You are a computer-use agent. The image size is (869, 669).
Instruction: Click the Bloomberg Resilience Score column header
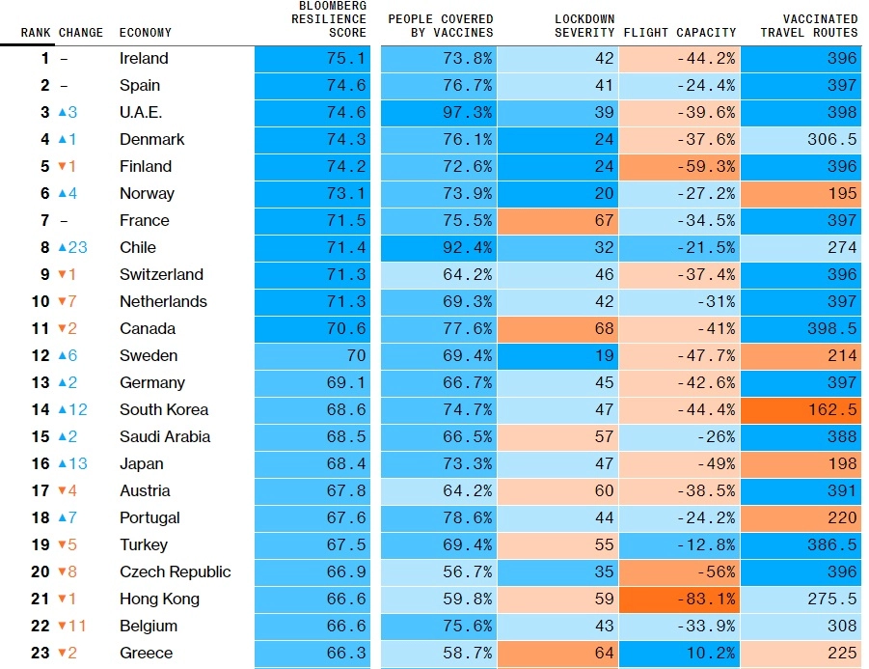(328, 19)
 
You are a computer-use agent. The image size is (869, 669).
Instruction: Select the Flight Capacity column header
(679, 33)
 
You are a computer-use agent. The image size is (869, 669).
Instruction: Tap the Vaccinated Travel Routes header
(808, 26)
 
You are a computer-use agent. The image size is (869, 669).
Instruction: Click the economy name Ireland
(144, 59)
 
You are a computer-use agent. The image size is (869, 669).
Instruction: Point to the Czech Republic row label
(175, 571)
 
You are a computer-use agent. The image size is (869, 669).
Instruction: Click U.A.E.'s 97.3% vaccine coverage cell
(439, 112)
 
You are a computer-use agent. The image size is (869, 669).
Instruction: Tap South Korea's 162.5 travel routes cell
(801, 409)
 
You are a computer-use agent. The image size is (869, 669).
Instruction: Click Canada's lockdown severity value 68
(557, 328)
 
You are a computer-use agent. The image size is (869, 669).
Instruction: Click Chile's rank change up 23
(72, 247)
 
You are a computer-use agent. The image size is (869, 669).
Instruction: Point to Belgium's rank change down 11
(72, 626)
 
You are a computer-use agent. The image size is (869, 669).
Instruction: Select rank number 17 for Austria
(40, 490)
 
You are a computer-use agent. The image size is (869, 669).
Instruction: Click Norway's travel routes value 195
(801, 193)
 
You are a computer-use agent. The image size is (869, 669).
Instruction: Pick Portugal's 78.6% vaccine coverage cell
(439, 517)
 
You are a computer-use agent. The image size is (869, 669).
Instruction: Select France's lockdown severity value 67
(557, 220)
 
